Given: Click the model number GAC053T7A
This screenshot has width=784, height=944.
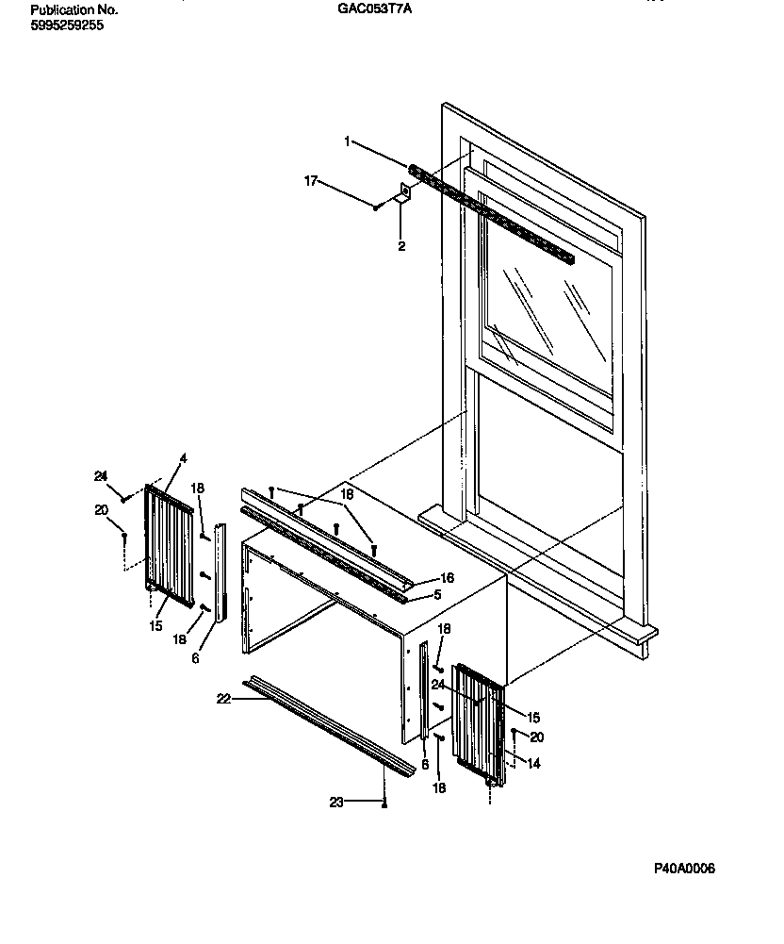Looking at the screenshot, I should (374, 9).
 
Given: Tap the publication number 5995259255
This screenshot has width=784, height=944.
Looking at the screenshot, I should (68, 25).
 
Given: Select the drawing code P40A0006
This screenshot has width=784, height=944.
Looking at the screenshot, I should (685, 869).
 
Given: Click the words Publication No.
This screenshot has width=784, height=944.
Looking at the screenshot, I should (74, 9).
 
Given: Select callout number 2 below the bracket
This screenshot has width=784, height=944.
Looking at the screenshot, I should (400, 246).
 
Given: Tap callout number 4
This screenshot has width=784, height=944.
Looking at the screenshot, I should (183, 458).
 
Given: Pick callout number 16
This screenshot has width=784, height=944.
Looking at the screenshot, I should (448, 577).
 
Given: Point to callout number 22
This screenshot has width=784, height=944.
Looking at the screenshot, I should (223, 698).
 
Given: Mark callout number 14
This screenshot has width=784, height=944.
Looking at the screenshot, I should (534, 764).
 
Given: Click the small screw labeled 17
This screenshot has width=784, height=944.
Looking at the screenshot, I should (376, 207).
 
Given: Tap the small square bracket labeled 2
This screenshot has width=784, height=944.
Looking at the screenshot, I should (404, 193).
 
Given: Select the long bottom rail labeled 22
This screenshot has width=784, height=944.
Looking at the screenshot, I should (330, 726).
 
